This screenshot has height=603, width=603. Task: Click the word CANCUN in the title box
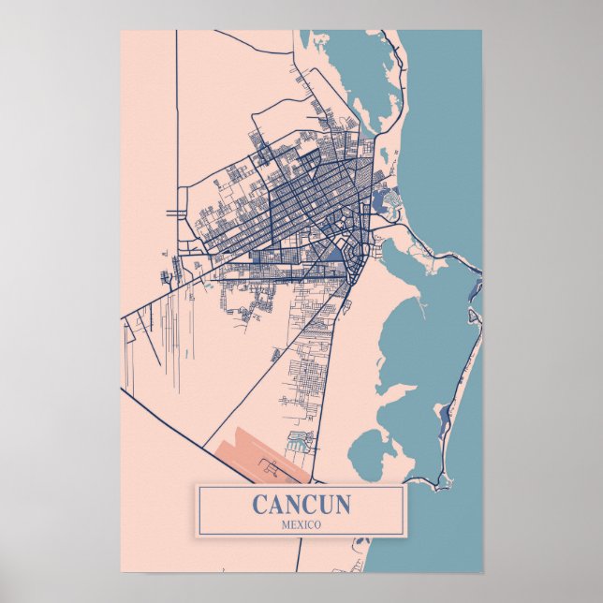(x=301, y=505)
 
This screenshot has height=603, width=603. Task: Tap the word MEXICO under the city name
(x=301, y=524)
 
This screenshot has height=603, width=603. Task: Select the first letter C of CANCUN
(x=259, y=505)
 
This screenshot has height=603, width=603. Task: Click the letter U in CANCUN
(x=325, y=505)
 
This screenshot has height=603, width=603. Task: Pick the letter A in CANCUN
(x=275, y=505)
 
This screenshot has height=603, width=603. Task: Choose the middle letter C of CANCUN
(x=308, y=505)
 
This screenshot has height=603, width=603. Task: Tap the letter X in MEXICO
(x=301, y=524)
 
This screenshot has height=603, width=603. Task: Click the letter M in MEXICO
(x=284, y=524)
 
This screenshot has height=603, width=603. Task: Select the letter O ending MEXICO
(x=317, y=524)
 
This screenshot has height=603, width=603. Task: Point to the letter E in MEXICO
(x=292, y=524)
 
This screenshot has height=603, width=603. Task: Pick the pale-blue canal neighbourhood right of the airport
(x=300, y=440)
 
